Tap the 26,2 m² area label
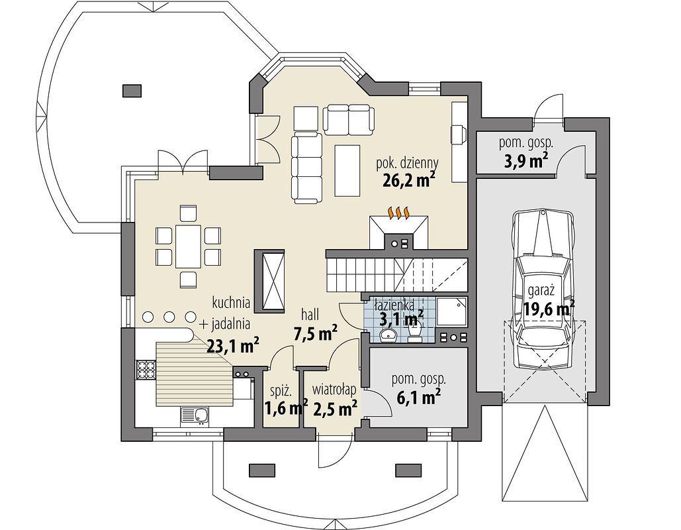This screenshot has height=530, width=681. tap(409, 180)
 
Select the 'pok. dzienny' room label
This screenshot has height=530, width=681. tap(407, 164)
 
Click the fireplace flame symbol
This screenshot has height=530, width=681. tap(400, 213)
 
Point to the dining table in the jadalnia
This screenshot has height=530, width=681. tap(188, 246)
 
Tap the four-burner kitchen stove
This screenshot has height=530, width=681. tap(146, 370)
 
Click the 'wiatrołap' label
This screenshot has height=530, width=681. tap(335, 388)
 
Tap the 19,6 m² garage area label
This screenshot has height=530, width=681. tap(549, 309)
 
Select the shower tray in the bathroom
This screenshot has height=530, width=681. tap(451, 312)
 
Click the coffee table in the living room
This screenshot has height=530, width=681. tap(347, 171)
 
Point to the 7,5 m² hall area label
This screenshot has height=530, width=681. tap(316, 334)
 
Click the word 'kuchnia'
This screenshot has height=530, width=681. tap(231, 301)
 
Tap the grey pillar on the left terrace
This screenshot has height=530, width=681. tap(132, 91)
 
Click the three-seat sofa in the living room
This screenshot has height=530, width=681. tap(306, 168)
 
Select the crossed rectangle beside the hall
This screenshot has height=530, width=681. tap(269, 280)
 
